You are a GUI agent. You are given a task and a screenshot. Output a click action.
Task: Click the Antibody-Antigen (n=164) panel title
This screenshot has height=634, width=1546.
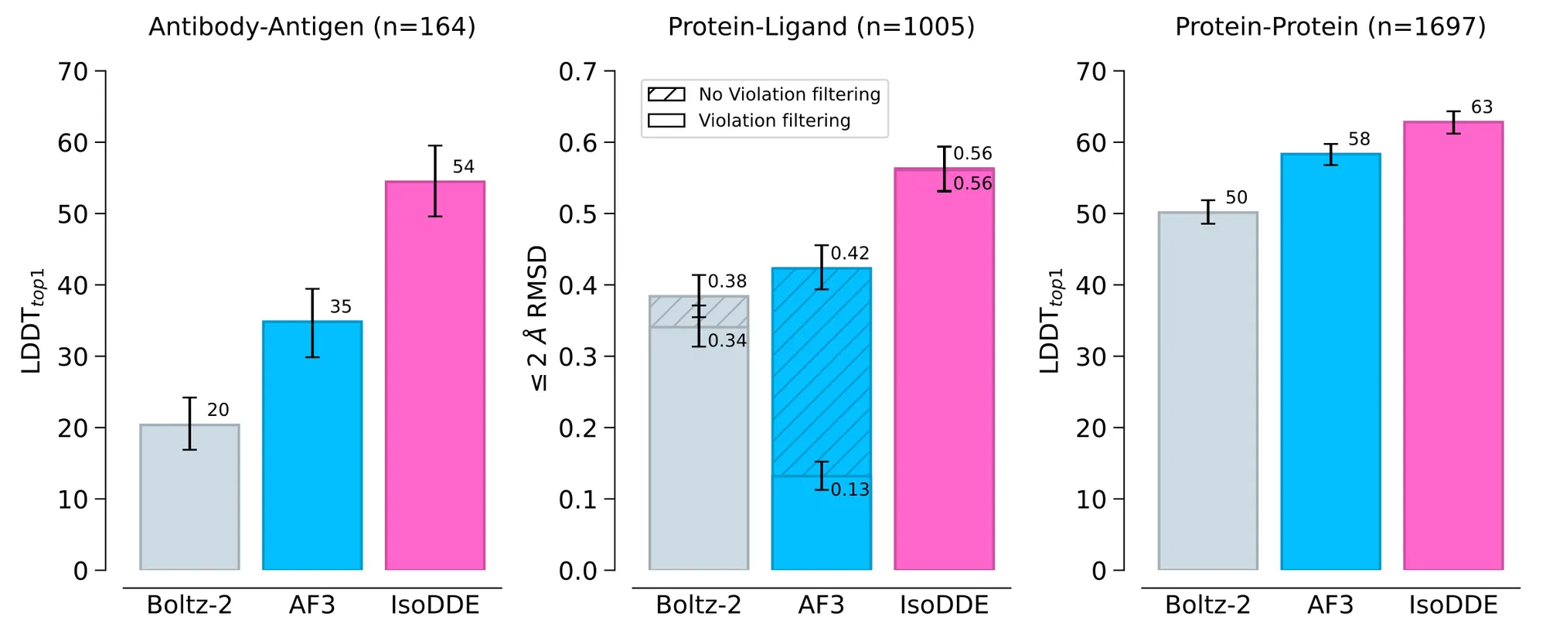coord(312,27)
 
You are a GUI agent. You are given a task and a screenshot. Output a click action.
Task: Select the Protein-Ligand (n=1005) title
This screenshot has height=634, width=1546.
coord(821,27)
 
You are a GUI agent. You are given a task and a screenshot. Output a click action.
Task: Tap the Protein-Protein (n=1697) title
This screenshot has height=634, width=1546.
coord(1330,27)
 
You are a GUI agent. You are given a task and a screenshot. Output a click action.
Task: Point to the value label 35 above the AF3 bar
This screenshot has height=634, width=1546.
coord(341,307)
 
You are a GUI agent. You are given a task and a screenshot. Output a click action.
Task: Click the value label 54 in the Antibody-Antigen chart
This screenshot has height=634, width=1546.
coord(464,167)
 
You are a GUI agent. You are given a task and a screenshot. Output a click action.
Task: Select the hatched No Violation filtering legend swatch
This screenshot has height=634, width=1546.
coord(666,94)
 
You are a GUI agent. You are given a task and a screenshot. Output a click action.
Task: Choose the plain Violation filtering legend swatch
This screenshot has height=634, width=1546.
coord(666,121)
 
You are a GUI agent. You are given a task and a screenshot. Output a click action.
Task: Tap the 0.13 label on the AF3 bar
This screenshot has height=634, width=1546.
coord(850,489)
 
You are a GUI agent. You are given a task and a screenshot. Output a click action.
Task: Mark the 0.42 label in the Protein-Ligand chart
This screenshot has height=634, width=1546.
coord(850,254)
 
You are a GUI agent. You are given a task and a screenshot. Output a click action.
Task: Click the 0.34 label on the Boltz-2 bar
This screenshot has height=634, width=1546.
coord(727,341)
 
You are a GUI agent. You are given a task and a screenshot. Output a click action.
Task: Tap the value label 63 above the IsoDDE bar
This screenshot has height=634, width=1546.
coord(1482,107)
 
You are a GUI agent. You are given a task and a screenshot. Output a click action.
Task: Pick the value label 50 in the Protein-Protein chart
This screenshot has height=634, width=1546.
coord(1237,198)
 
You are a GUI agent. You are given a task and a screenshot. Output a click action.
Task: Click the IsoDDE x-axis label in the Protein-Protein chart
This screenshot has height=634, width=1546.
coord(1453,605)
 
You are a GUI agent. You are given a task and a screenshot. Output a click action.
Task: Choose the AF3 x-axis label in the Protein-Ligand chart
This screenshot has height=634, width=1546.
coord(821,605)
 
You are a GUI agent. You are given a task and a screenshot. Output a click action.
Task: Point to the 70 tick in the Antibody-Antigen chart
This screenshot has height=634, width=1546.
coord(73,72)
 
